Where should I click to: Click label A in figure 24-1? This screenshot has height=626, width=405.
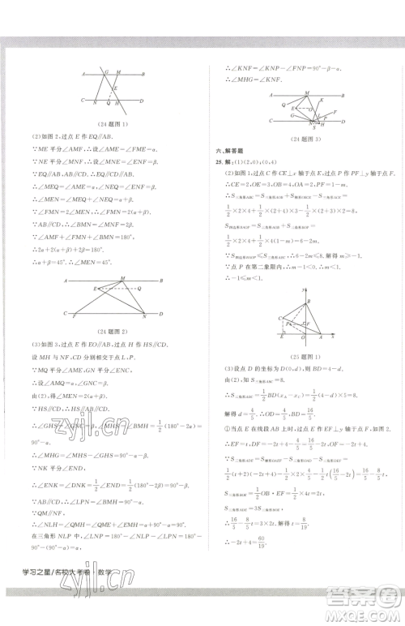coord(83,73)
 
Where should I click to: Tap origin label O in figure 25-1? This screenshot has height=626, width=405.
coord(300,339)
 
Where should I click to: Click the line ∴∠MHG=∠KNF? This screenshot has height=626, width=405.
coord(252,80)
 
